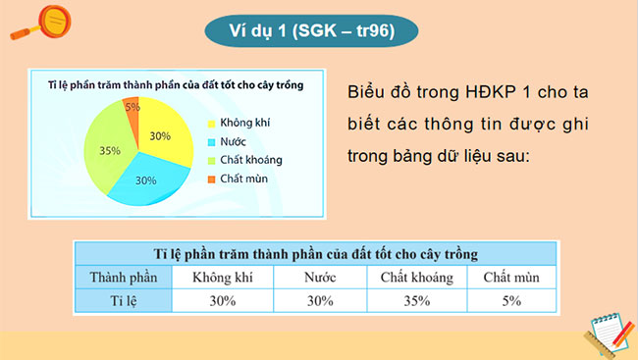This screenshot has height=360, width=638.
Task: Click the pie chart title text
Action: (175, 85)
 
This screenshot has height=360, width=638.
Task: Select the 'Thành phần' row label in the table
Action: (123, 278)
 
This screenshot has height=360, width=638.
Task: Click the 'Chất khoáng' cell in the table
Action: (417, 278)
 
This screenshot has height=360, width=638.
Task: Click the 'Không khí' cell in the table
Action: (223, 278)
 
